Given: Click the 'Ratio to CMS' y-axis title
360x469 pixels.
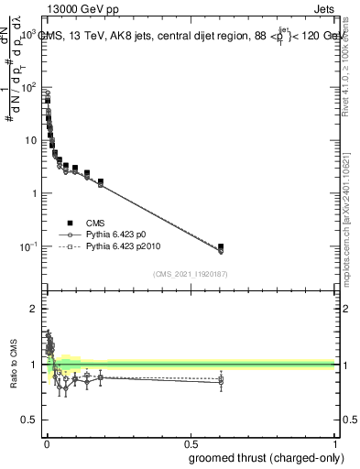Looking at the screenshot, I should coord(15,365).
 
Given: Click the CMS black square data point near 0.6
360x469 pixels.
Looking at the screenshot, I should coord(221,247).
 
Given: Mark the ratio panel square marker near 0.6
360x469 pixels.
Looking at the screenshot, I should coord(221,378).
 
